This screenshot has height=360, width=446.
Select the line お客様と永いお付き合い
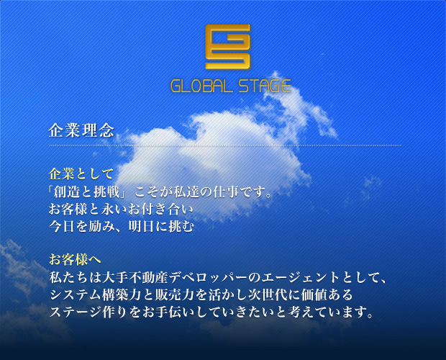121,210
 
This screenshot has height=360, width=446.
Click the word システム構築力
93,295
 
